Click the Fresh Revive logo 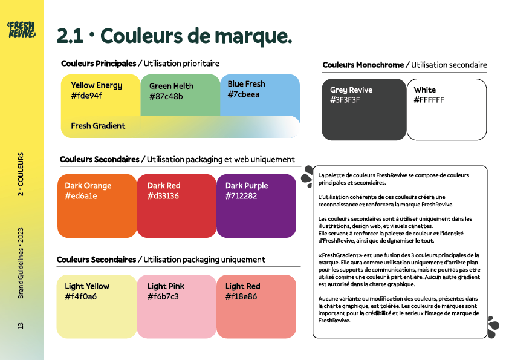[x=21, y=29]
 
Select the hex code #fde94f [x=86, y=96]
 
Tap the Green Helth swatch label [x=172, y=86]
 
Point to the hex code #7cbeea [x=244, y=94]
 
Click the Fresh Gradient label [x=98, y=126]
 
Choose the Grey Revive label [x=351, y=90]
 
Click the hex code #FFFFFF [x=429, y=100]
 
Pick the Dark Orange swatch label [x=88, y=186]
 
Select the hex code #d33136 [x=163, y=196]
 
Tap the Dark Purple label [x=247, y=186]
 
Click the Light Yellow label [x=87, y=286]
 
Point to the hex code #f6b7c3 [x=163, y=296]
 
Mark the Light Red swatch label [x=242, y=286]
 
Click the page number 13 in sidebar [x=21, y=326]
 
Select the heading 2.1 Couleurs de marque [x=174, y=36]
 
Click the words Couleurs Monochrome [x=363, y=65]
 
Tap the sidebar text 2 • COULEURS [x=21, y=174]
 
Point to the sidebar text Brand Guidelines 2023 [x=21, y=263]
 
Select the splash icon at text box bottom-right [x=493, y=326]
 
